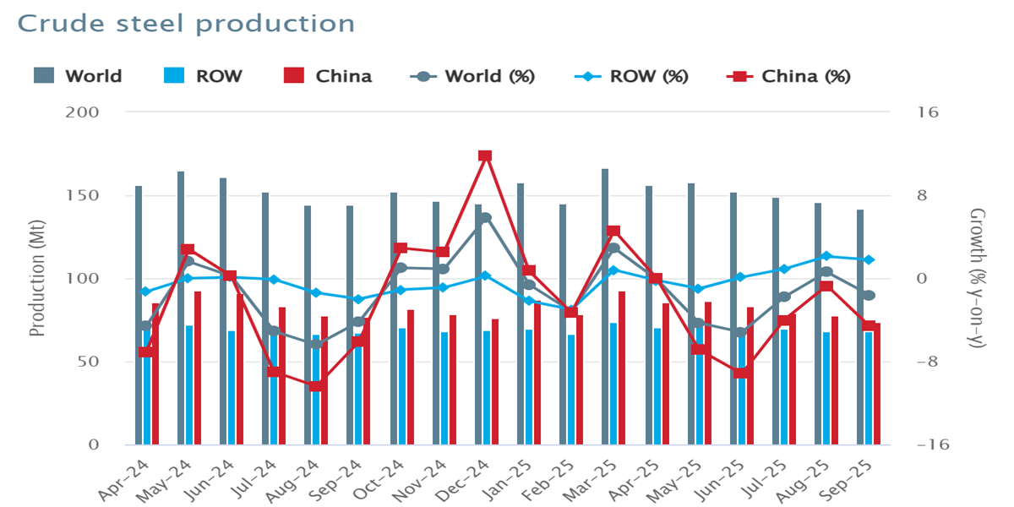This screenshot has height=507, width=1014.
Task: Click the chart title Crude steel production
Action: [x=186, y=24]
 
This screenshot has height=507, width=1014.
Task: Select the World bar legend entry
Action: [x=78, y=76]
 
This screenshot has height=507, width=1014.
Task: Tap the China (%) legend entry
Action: [x=788, y=76]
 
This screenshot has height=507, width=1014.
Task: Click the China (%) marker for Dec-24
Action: [x=485, y=156]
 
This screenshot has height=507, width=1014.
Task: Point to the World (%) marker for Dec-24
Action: [x=485, y=218]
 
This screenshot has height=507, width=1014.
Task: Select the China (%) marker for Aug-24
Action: [x=315, y=386]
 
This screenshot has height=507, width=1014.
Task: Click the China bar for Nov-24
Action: [x=453, y=379]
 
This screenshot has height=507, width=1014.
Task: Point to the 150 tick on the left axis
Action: [x=84, y=195]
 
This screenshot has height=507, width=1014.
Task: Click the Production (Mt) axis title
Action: [x=36, y=278]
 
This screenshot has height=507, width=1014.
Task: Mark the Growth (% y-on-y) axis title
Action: [x=978, y=278]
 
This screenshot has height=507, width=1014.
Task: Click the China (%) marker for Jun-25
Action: [x=741, y=373]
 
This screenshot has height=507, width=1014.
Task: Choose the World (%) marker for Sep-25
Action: [x=868, y=295]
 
